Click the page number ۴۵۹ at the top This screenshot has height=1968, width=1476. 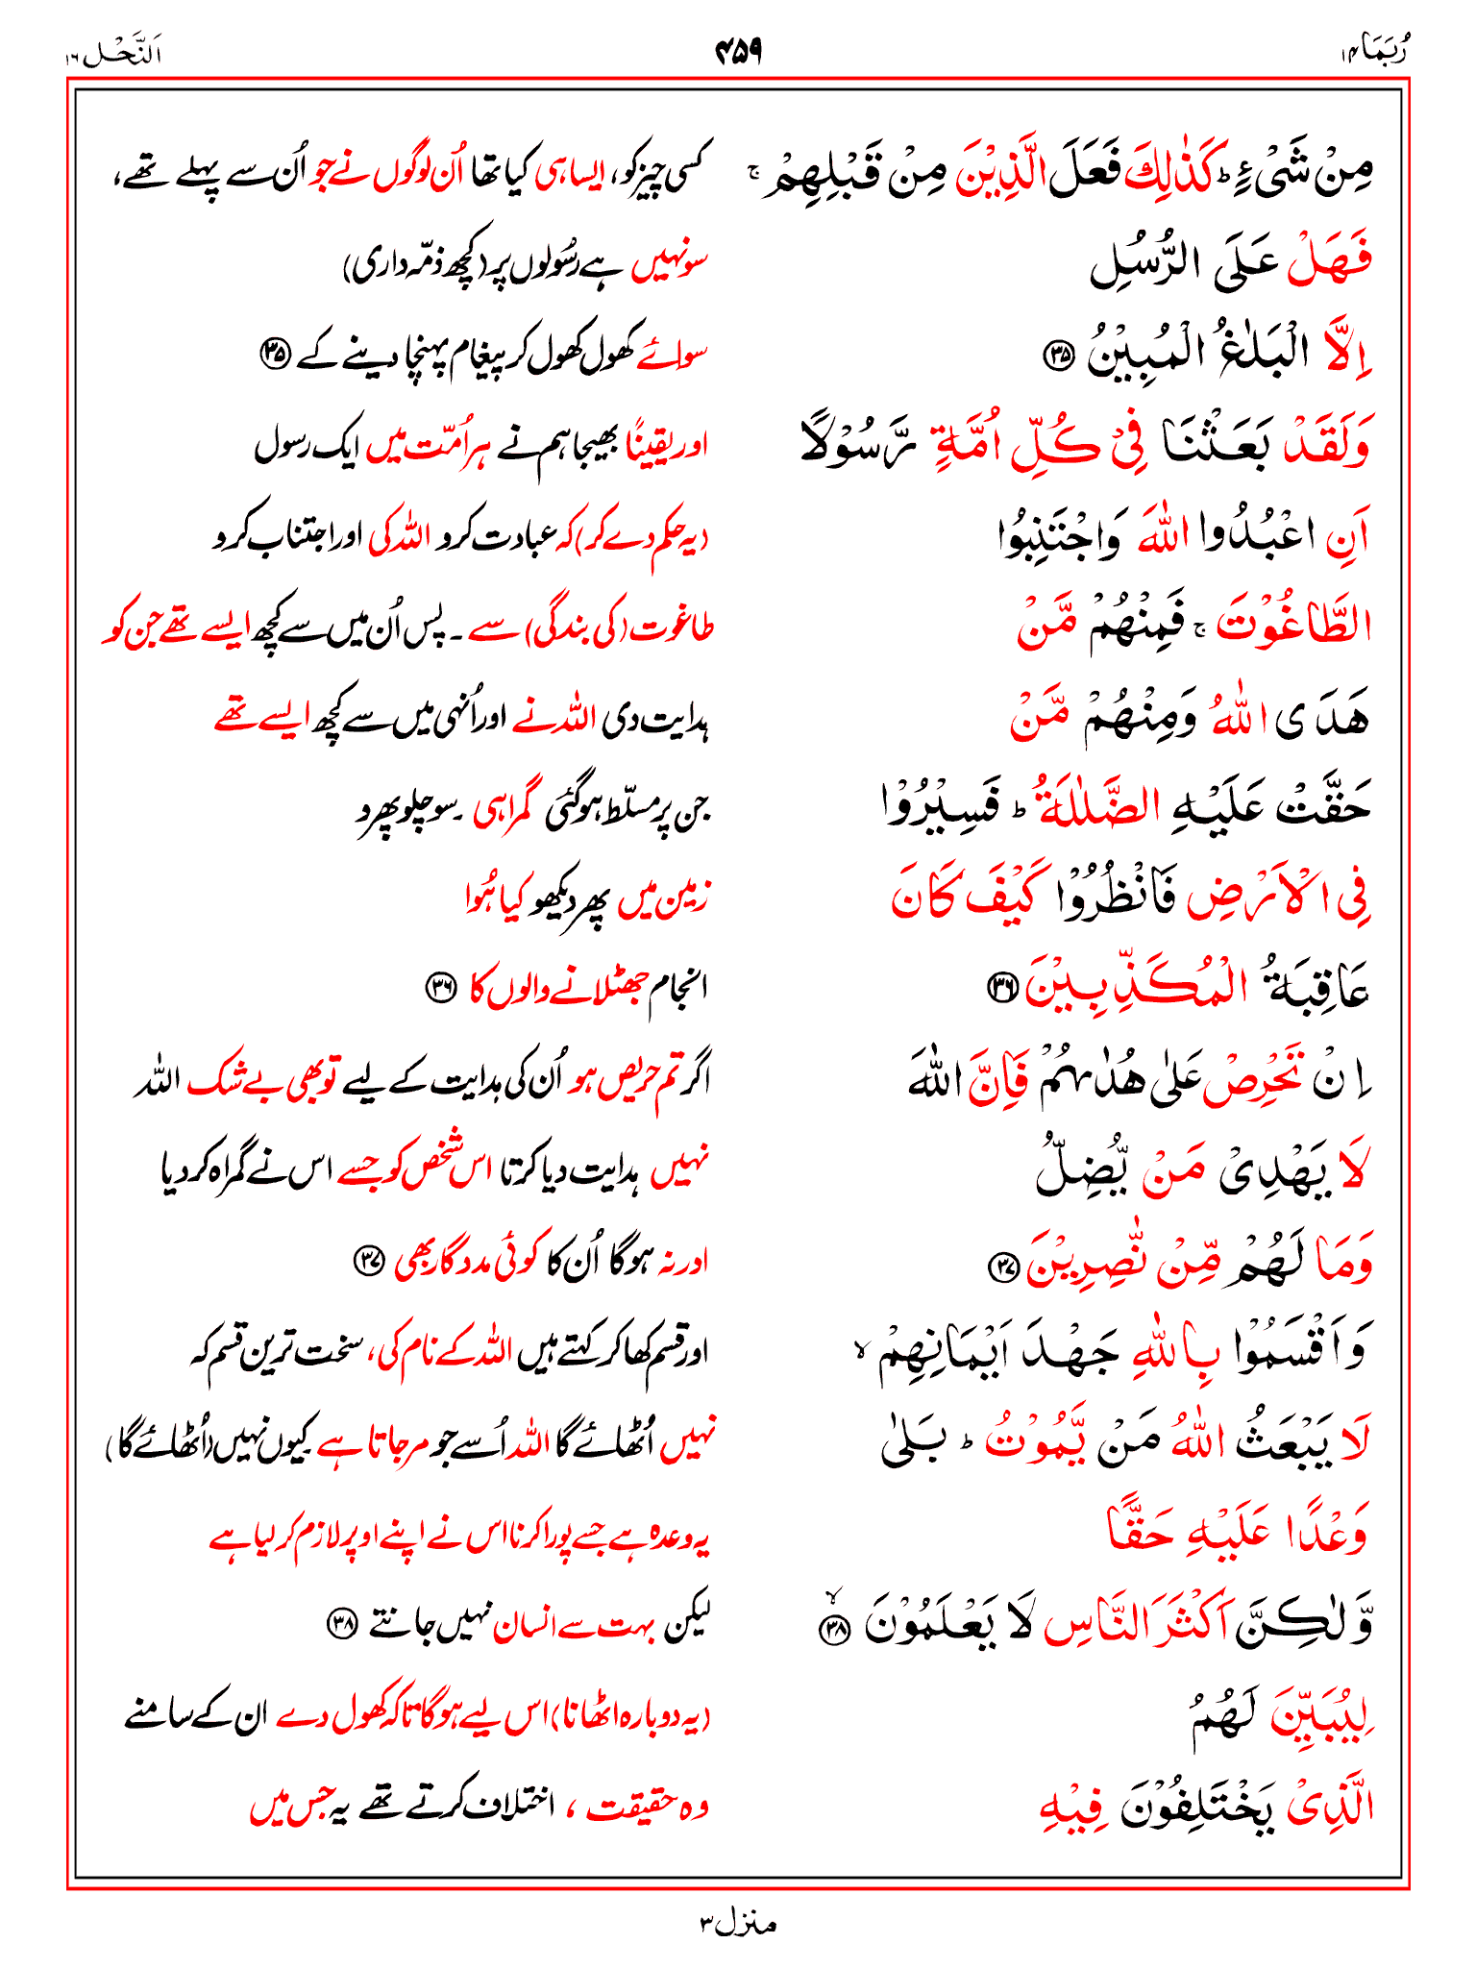tap(738, 52)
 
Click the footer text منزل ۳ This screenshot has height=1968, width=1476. tap(737, 1924)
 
